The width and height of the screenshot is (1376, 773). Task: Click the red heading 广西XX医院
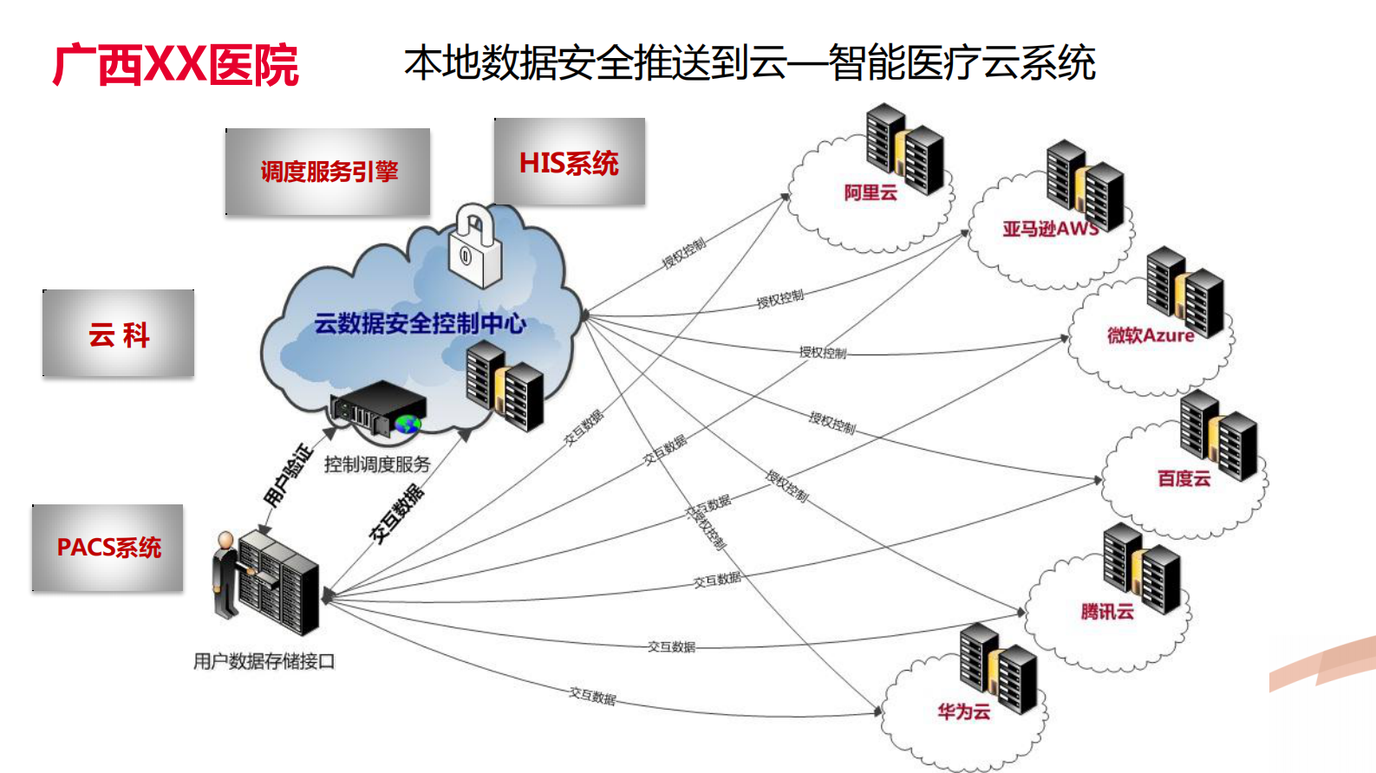176,65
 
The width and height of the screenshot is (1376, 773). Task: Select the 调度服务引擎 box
328,172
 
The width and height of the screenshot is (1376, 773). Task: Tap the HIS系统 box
569,162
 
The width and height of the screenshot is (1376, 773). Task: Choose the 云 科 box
119,334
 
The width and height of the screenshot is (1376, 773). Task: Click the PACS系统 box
108,548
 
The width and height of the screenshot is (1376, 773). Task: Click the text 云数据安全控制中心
420,323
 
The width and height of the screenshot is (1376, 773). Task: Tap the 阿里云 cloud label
871,192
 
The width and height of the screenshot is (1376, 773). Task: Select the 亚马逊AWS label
1051,229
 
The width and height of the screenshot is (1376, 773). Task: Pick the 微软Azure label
1150,335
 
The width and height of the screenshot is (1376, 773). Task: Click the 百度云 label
1184,478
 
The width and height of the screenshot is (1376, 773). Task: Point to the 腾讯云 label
1107,612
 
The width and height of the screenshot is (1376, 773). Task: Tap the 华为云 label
963,711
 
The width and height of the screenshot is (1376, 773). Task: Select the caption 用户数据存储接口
264,661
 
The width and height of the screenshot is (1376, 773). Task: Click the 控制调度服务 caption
377,464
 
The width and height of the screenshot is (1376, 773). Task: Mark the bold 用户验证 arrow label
287,475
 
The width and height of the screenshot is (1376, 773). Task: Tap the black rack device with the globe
379,409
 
